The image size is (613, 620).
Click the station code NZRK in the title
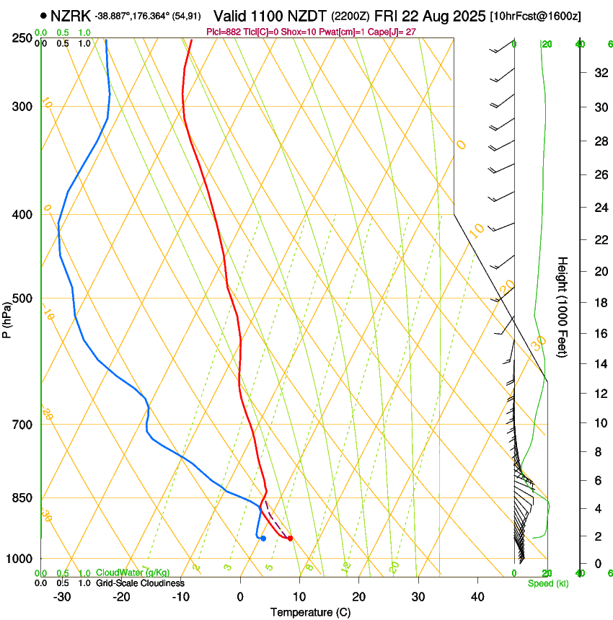[x=70, y=15]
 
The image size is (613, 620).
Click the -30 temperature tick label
[x=62, y=596]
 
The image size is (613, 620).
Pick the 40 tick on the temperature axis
[x=477, y=596]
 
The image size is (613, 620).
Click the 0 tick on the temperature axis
[x=241, y=596]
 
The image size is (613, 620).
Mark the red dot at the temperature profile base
[x=290, y=538]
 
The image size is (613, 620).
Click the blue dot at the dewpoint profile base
[x=263, y=538]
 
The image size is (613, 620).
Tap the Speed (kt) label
[x=548, y=583]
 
